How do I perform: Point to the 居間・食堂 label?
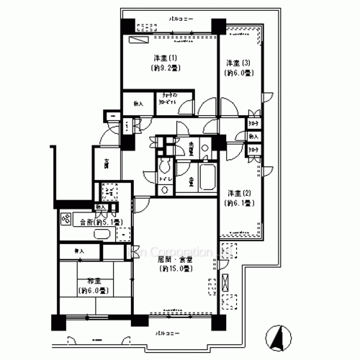[174, 258]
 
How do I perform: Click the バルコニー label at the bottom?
[168, 333]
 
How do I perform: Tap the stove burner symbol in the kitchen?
[66, 222]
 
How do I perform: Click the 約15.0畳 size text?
[174, 269]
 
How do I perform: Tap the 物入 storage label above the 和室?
[78, 251]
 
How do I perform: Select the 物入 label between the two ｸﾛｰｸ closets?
[253, 136]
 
